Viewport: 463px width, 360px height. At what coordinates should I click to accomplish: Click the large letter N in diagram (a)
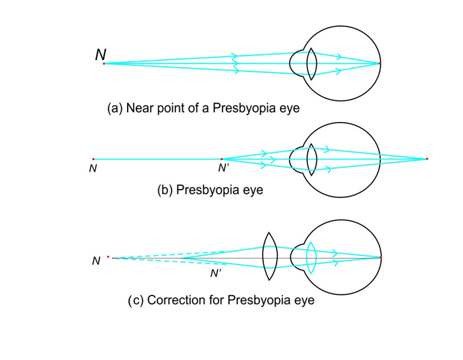click(x=101, y=55)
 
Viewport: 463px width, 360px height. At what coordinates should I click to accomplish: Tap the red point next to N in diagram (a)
click(x=104, y=63)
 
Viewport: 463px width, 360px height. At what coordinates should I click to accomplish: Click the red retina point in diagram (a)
click(x=379, y=64)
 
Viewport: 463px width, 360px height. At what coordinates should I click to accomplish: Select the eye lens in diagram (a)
click(x=311, y=64)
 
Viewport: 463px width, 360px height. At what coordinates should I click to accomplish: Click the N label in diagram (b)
click(x=93, y=169)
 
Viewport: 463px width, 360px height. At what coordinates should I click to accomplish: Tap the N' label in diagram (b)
click(x=224, y=169)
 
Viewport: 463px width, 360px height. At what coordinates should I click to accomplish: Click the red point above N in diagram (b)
click(x=93, y=159)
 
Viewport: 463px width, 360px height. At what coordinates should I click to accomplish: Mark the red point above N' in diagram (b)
click(x=221, y=159)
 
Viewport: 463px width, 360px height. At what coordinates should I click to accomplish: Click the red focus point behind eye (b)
click(x=427, y=158)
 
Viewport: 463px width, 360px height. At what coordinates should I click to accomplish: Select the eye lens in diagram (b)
click(x=311, y=159)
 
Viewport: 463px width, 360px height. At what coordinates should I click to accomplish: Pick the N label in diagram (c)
click(x=96, y=261)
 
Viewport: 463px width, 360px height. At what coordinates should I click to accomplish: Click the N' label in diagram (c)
click(x=216, y=273)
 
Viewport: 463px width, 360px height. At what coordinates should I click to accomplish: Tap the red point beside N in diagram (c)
click(x=108, y=257)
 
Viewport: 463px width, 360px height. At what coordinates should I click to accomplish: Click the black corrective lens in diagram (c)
click(x=270, y=257)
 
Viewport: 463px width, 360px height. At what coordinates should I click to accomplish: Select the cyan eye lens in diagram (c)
click(x=311, y=257)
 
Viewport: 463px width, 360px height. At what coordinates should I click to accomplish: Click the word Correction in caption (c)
click(x=175, y=299)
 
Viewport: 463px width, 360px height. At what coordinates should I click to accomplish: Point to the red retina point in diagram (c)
click(x=380, y=257)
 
